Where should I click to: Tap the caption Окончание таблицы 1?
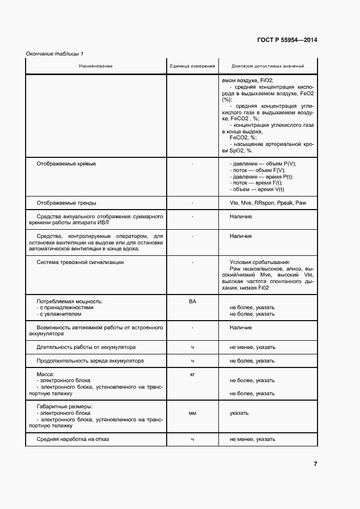click(54, 53)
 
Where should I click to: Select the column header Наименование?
click(95, 66)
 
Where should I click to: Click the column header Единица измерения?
click(192, 66)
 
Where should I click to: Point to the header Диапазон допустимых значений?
click(267, 66)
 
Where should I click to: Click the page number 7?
click(315, 464)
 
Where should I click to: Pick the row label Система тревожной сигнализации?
click(80, 262)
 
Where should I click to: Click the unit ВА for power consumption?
click(192, 301)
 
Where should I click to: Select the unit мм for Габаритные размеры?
click(192, 413)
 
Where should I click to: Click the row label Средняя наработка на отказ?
click(72, 439)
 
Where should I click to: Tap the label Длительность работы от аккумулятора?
click(86, 347)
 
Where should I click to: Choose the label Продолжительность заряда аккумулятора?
click(90, 360)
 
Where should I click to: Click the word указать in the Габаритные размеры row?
click(239, 413)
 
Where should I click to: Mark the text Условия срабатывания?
click(260, 262)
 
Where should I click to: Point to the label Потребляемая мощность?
click(69, 301)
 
